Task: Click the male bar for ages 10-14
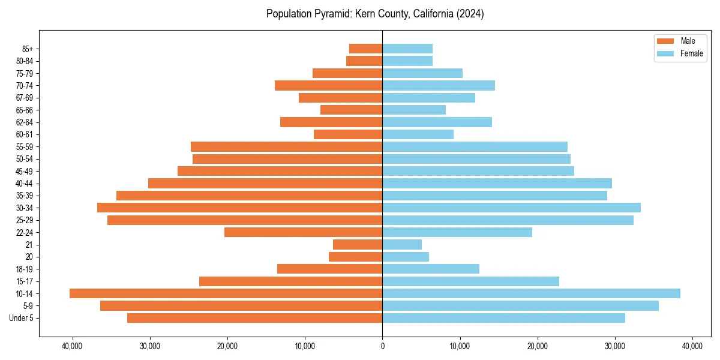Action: (x=226, y=293)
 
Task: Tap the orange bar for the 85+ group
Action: (x=365, y=49)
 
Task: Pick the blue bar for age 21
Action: (x=402, y=244)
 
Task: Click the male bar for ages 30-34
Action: (x=239, y=208)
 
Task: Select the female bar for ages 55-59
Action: (x=475, y=146)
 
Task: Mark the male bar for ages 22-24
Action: (x=303, y=232)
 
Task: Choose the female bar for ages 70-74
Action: (x=439, y=85)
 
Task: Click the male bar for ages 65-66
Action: (x=351, y=110)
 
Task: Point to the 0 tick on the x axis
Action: (x=382, y=346)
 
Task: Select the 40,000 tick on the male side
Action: (x=72, y=346)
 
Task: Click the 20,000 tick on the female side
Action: (x=537, y=346)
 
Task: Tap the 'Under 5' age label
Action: (x=21, y=318)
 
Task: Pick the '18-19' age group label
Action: (x=25, y=269)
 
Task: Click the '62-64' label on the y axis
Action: (x=25, y=122)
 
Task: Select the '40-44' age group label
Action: (x=25, y=184)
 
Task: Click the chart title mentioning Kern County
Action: (x=375, y=14)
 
